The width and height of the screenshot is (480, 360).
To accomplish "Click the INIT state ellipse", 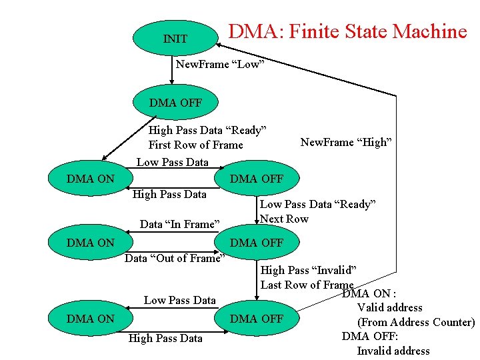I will click(x=175, y=39).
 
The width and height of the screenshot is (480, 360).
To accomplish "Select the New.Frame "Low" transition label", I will click(x=221, y=64).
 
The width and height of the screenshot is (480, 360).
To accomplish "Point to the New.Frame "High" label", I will click(x=346, y=142).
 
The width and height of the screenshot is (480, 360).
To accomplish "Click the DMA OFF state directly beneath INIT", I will click(x=175, y=103).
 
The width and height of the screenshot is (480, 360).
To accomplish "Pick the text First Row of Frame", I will click(x=195, y=145).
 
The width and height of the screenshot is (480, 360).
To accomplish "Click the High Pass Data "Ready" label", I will click(x=207, y=130).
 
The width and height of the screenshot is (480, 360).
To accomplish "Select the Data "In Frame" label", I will click(x=179, y=224).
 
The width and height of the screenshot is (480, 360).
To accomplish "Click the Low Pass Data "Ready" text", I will click(x=318, y=204).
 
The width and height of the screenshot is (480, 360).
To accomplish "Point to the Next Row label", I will click(x=284, y=219).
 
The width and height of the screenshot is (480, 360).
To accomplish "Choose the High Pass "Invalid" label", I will click(x=308, y=270).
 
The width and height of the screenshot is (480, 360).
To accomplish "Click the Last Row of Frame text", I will click(x=307, y=285).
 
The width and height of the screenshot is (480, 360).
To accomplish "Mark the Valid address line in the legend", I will click(x=389, y=307).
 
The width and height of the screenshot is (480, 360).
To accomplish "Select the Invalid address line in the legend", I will click(x=393, y=351).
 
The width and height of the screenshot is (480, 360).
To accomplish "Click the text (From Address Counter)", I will click(x=415, y=322).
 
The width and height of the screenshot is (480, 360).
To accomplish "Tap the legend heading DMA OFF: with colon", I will click(x=370, y=336).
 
